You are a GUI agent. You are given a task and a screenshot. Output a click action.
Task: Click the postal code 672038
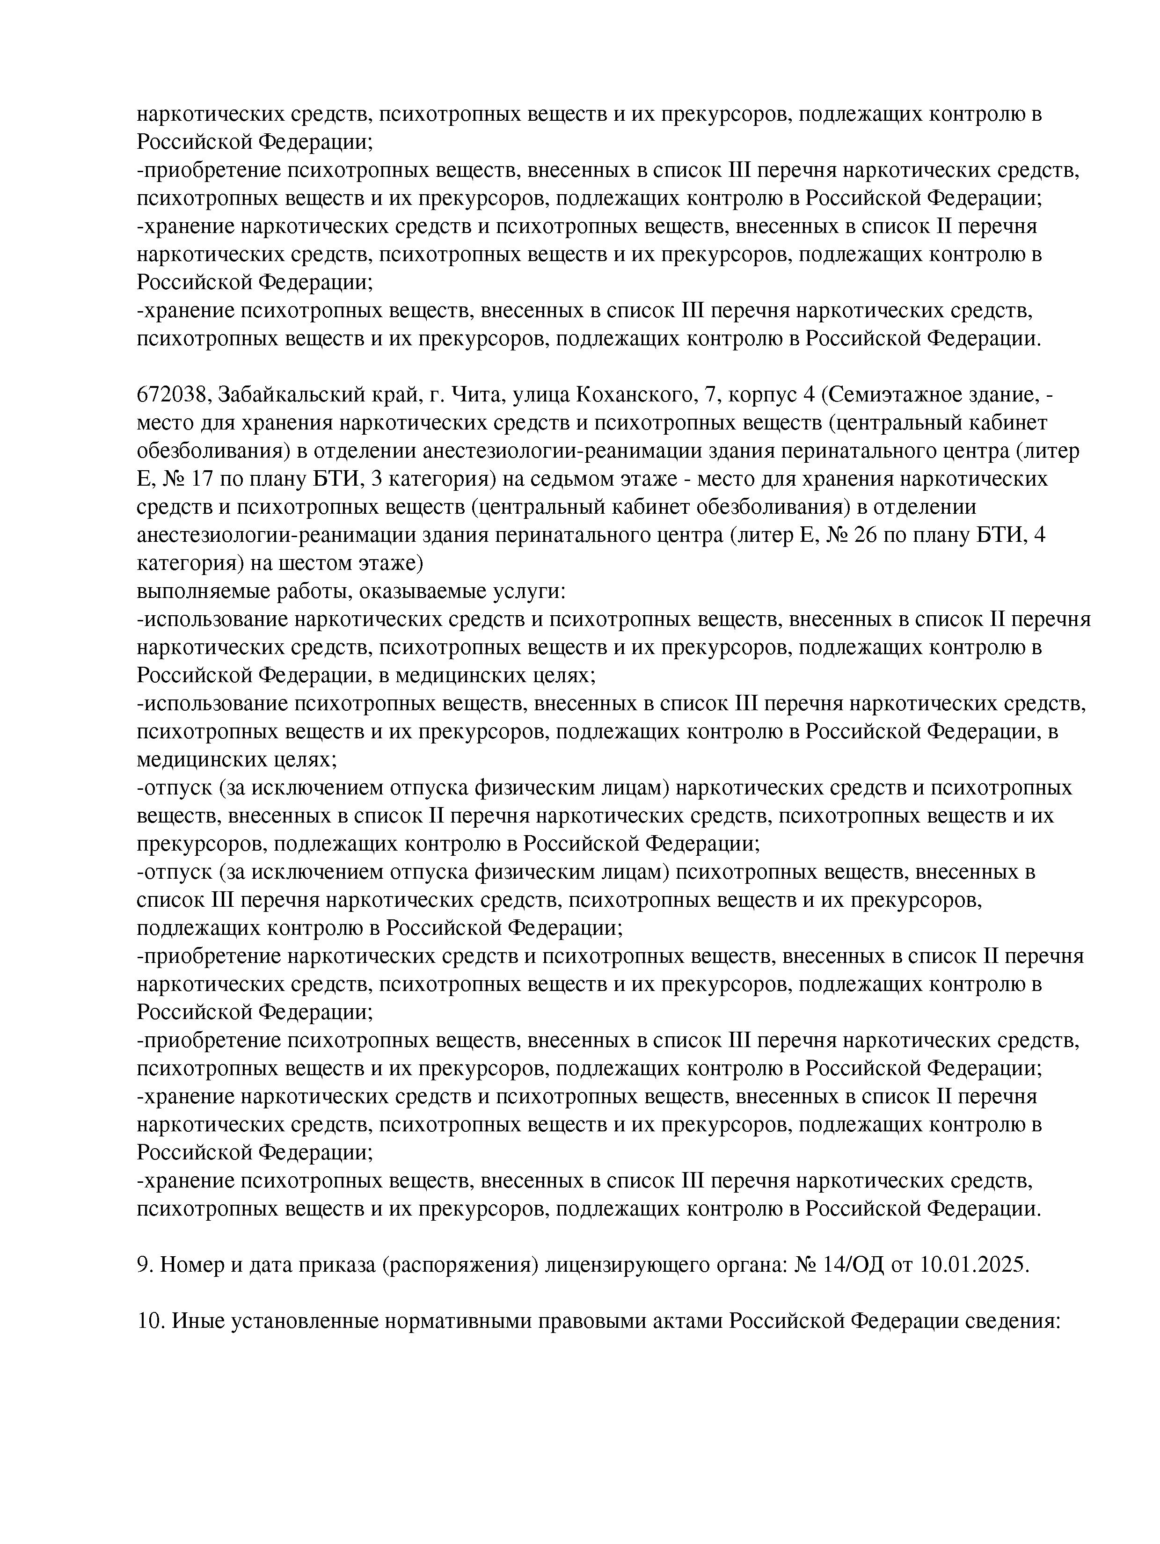[x=172, y=395]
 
